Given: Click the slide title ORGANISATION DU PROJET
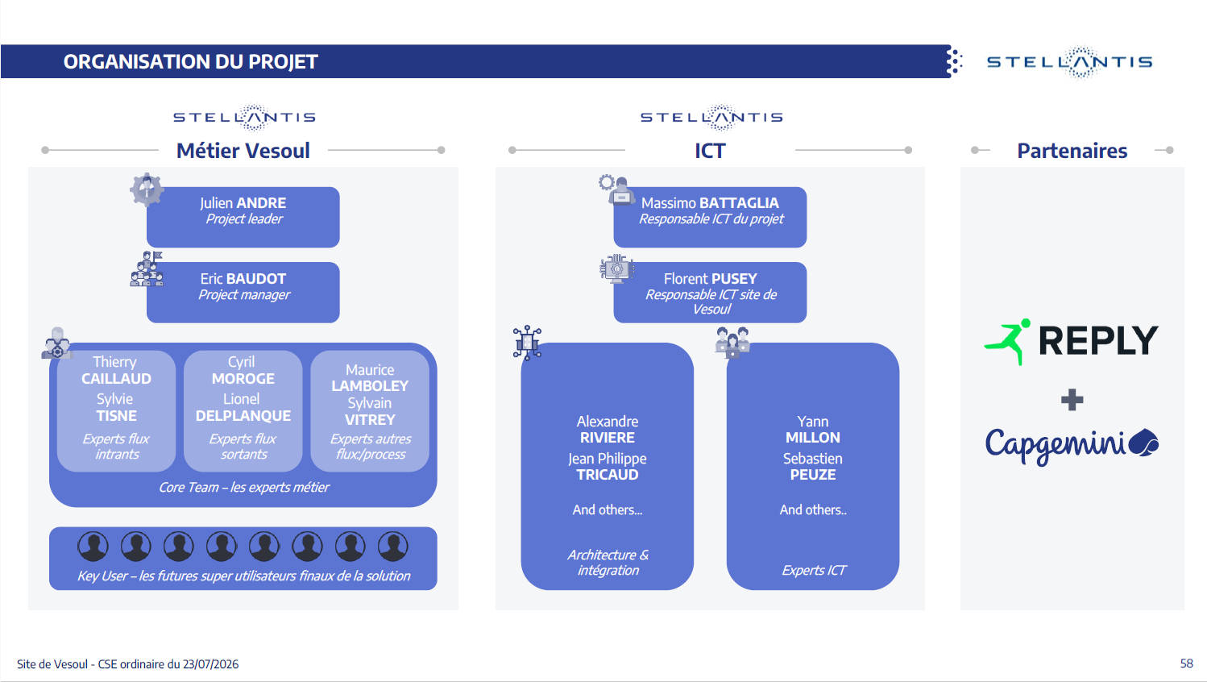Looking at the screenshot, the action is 191,61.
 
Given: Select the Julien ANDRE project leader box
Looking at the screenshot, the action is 243,218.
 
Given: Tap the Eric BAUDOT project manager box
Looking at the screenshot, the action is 243,292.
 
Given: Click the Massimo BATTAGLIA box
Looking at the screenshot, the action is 710,218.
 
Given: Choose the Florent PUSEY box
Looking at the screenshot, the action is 710,292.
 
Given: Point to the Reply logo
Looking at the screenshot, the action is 1071,341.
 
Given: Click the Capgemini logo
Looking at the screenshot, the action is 1072,445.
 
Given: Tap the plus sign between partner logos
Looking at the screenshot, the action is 1072,400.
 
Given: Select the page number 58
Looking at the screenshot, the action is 1187,663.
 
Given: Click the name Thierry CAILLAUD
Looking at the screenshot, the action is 116,370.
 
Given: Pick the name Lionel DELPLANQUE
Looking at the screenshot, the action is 243,407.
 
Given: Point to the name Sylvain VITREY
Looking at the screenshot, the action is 370,411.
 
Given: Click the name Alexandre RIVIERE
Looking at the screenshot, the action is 608,429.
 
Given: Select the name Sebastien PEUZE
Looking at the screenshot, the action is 812,466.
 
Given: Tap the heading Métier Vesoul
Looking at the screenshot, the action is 243,151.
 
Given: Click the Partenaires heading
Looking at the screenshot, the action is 1072,151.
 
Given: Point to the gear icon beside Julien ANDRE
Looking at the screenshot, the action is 147,189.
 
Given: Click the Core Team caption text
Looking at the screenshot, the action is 243,487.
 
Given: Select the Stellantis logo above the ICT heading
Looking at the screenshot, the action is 711,117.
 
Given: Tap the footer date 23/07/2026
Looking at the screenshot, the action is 210,663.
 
